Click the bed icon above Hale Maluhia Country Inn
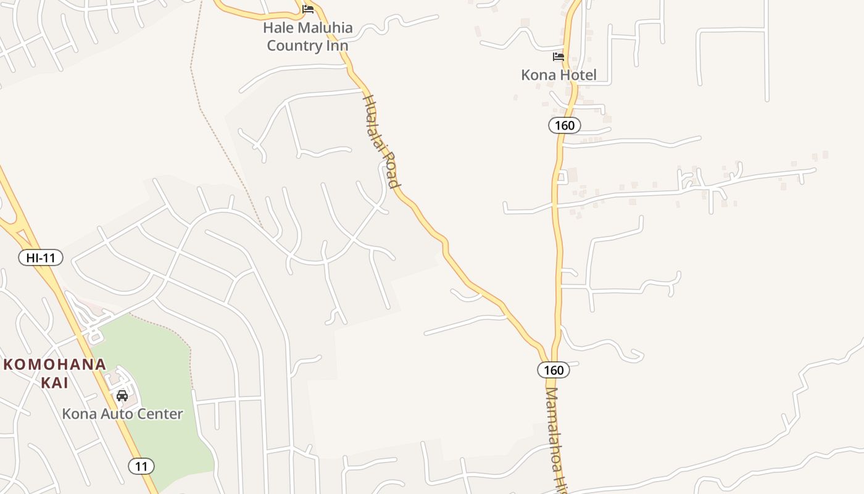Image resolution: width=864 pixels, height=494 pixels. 308,9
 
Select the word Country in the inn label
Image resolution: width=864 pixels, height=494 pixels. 294,46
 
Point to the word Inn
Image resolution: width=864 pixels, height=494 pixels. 337,46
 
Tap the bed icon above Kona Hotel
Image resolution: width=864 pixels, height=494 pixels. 559,57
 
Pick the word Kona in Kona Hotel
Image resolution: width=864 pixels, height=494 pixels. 536,75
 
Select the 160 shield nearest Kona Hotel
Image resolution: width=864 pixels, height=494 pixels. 564,125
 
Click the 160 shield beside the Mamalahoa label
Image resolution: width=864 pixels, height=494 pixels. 554,370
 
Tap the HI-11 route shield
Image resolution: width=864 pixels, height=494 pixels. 41,257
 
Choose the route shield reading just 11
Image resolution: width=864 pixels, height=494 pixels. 141,466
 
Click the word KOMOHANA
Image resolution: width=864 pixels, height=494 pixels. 55,364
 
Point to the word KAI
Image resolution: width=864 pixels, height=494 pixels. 54,383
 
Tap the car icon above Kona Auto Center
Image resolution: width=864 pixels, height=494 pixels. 122,395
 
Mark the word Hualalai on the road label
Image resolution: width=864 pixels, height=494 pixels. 375,123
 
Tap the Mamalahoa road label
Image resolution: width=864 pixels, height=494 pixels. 554,432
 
